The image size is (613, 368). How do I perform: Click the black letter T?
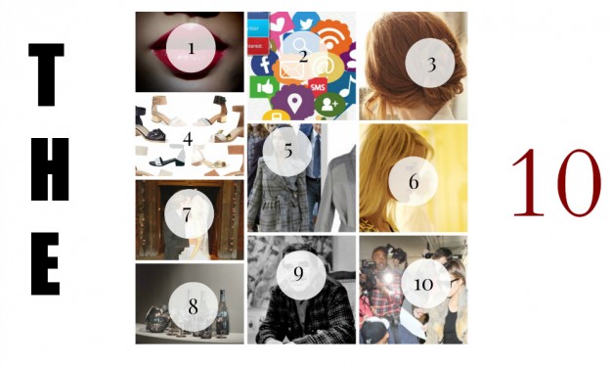click(x=47, y=74)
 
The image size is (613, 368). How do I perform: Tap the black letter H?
click(x=50, y=169)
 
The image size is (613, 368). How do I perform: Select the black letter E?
click(x=46, y=263)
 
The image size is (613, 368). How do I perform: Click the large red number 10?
click(x=556, y=183)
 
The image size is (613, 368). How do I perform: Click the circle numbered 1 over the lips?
click(x=191, y=48)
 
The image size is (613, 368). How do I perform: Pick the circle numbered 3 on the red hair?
click(x=430, y=63)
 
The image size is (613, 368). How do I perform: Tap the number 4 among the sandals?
click(x=188, y=139)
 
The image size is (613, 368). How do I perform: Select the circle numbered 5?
click(x=287, y=151)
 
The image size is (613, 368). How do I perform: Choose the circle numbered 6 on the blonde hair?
click(x=413, y=181)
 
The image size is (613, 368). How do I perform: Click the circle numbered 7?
click(x=189, y=214)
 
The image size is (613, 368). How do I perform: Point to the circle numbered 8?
click(x=194, y=306)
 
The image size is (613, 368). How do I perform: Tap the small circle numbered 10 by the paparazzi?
click(x=425, y=283)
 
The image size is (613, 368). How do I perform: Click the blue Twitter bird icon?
click(x=306, y=23)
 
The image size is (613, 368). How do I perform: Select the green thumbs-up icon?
click(x=264, y=87)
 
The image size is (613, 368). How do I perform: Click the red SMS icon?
click(x=318, y=87)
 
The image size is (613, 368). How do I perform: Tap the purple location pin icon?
click(x=293, y=102)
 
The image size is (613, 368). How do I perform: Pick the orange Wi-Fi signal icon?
click(x=331, y=37)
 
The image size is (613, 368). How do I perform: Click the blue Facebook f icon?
click(x=264, y=63)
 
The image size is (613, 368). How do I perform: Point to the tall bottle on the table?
click(x=223, y=313)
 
